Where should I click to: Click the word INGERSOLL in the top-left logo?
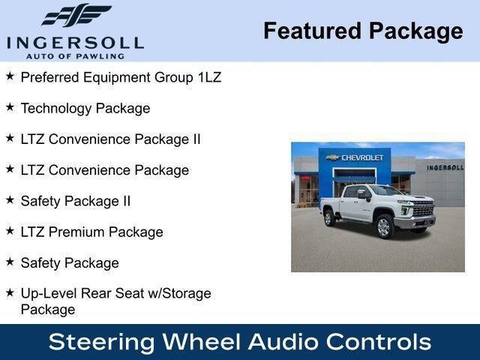pyautogui.click(x=76, y=42)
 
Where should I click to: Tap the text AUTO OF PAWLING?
pyautogui.click(x=75, y=55)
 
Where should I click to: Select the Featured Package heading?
pyautogui.click(x=363, y=31)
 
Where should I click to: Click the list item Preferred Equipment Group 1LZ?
pyautogui.click(x=121, y=77)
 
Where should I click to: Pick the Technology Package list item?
pyautogui.click(x=85, y=108)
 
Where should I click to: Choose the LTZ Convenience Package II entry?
pyautogui.click(x=110, y=139)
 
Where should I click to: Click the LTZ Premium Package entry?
pyautogui.click(x=91, y=232)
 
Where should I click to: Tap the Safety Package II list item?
pyautogui.click(x=76, y=201)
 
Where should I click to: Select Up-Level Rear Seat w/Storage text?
pyautogui.click(x=115, y=294)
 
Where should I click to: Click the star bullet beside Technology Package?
pyautogui.click(x=10, y=107)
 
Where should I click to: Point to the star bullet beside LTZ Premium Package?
pyautogui.click(x=10, y=231)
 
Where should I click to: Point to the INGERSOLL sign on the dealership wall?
pyautogui.click(x=445, y=167)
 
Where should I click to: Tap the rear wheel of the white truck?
pyautogui.click(x=328, y=218)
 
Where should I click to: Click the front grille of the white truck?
pyautogui.click(x=423, y=209)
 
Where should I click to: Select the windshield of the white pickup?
pyautogui.click(x=388, y=191)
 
